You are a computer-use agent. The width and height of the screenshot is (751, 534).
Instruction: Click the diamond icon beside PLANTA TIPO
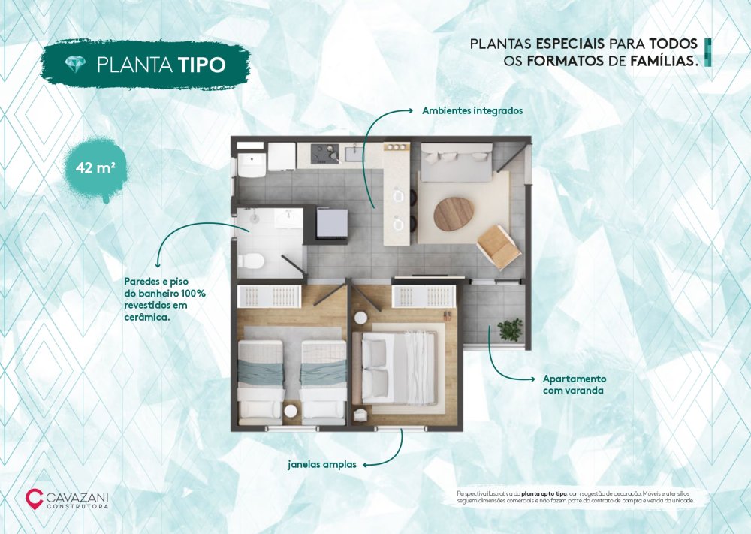76,64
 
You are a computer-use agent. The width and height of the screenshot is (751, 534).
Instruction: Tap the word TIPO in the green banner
201,65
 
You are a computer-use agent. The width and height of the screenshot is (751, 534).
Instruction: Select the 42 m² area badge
95,168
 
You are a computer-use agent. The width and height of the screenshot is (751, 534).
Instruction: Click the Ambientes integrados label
472,110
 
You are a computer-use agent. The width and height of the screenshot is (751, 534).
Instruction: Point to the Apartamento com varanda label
575,385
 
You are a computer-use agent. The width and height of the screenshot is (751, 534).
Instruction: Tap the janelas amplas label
322,464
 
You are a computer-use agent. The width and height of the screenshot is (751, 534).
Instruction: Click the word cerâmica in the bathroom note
146,317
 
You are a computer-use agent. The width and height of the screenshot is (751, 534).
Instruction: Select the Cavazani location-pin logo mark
34,498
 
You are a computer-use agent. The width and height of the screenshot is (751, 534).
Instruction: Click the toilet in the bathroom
251,261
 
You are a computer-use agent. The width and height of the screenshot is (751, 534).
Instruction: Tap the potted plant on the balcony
510,330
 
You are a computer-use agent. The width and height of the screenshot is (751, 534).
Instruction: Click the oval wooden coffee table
454,213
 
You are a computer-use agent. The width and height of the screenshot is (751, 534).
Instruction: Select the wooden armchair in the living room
499,246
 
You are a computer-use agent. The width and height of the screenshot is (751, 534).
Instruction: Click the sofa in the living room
457,162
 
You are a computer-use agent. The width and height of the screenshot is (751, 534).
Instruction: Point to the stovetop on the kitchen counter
324,153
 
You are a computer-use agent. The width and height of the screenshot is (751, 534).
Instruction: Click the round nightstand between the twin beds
291,411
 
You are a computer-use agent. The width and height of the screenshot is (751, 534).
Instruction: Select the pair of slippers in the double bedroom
447,315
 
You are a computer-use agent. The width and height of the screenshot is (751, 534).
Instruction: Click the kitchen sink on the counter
357,152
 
